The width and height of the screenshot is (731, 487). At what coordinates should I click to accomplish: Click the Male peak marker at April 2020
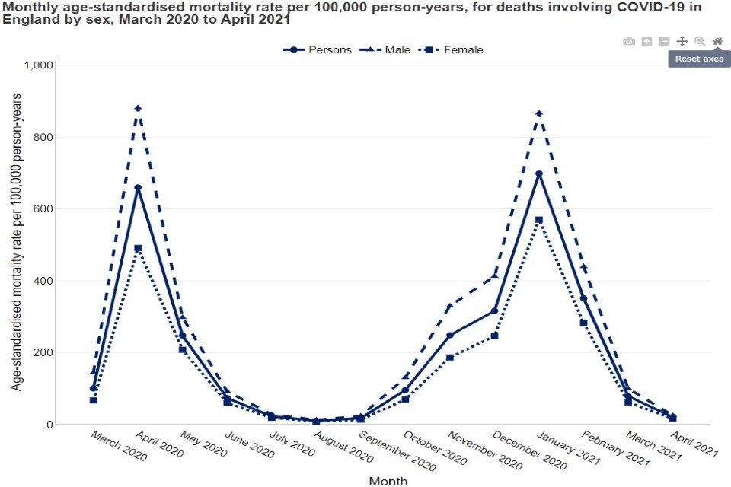point(138,108)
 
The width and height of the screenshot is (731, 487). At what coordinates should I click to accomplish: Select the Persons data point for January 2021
point(539,173)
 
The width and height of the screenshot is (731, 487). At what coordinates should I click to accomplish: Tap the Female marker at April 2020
point(138,248)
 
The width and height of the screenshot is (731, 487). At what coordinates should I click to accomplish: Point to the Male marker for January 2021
point(539,113)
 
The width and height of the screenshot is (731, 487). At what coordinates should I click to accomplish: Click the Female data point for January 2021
point(539,220)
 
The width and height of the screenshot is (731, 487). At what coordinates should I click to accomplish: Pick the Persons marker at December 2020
point(494,310)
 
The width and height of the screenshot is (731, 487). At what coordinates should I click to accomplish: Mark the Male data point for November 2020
point(450,306)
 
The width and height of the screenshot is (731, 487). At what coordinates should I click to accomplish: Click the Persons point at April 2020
point(138,187)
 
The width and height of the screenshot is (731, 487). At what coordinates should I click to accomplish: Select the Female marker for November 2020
point(450,357)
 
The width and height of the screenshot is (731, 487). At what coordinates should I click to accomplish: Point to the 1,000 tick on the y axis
point(38,65)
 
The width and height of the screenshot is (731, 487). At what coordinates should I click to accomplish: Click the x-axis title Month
point(388,481)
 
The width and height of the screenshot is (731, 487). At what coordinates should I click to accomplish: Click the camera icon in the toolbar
point(629,41)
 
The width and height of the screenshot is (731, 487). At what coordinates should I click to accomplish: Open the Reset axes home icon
point(717,41)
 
